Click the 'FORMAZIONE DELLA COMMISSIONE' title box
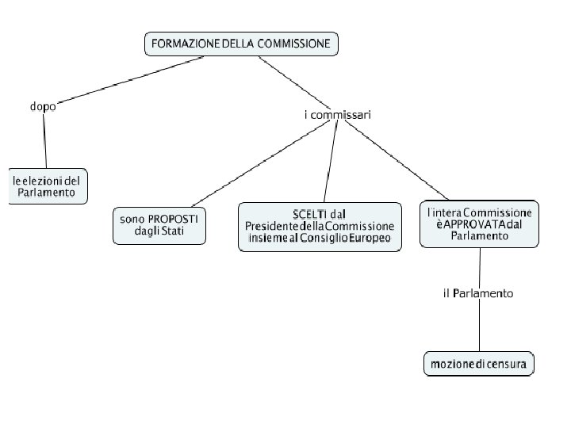point(241,44)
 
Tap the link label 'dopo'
point(43,106)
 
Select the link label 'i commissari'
point(337,115)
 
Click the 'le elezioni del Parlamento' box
point(47,186)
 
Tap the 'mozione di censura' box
point(478,364)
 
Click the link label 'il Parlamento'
point(477,293)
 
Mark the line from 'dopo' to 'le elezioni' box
point(45,139)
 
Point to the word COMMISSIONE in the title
point(293,44)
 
